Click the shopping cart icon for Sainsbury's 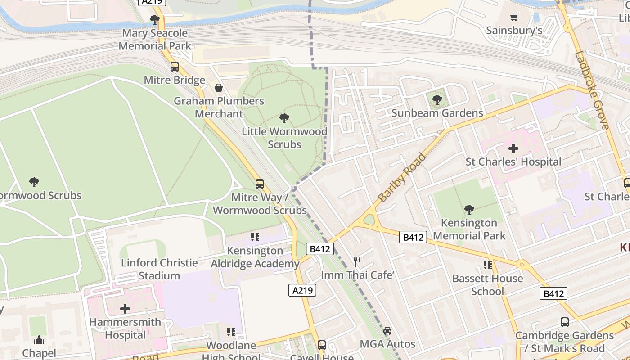tap(514, 18)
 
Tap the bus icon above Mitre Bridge tap(174, 67)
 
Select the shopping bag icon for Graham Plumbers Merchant tap(219, 87)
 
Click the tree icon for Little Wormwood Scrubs tap(284, 118)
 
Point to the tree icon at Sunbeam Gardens tap(437, 100)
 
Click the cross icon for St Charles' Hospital tap(513, 148)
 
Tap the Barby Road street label tap(401, 177)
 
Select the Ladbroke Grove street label tap(592, 90)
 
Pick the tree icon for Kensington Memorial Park tap(469, 210)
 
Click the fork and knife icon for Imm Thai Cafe tap(357, 261)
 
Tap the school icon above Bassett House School tap(487, 265)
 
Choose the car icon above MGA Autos tap(387, 331)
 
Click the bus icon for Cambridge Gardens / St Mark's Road tap(564, 322)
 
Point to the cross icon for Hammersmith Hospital tap(125, 309)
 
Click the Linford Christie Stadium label tap(159, 269)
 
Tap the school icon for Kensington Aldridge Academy tap(255, 237)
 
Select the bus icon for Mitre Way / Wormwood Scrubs tap(260, 184)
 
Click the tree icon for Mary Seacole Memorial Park tap(155, 20)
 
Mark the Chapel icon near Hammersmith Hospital tap(39, 340)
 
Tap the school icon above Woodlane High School tap(231, 332)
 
